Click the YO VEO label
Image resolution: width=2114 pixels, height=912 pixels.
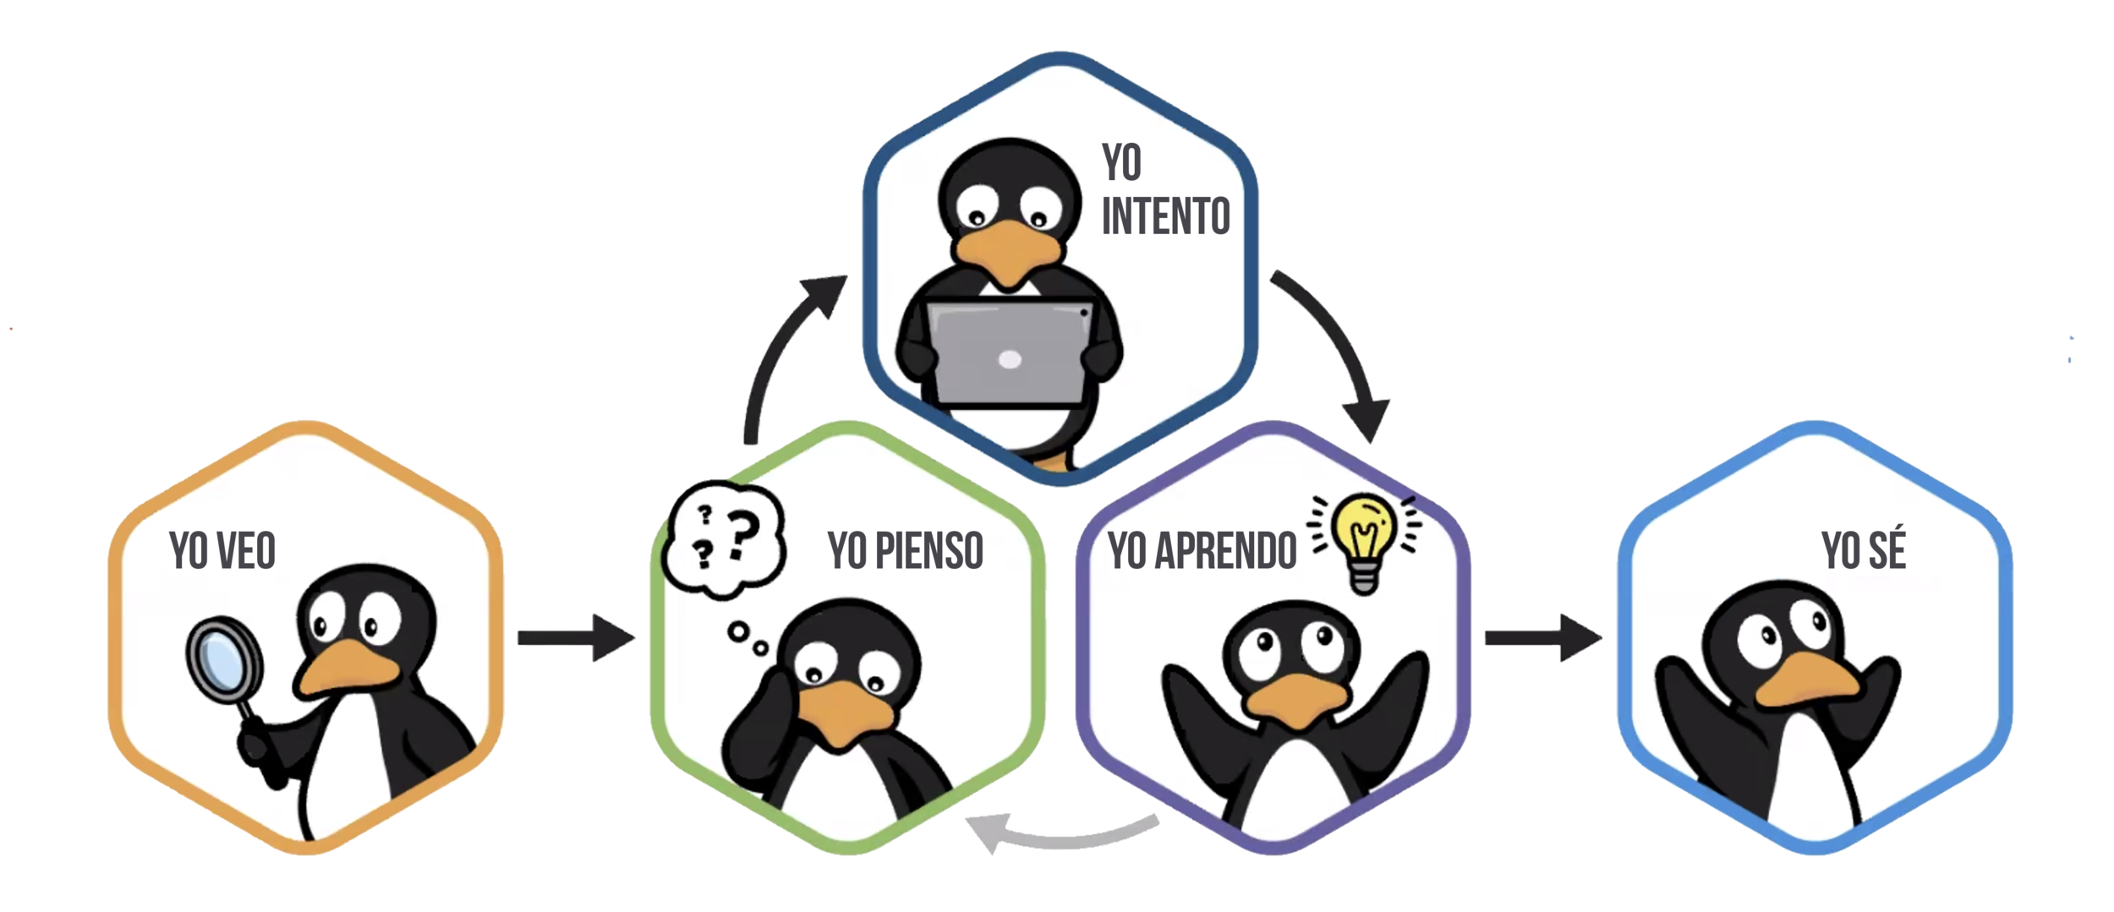pyautogui.click(x=223, y=552)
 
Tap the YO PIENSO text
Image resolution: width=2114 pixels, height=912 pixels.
pyautogui.click(x=905, y=552)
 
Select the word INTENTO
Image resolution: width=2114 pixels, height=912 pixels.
pyautogui.click(x=1165, y=216)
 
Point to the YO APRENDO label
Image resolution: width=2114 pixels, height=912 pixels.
pyautogui.click(x=1202, y=552)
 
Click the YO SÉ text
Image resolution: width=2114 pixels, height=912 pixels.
pyautogui.click(x=1864, y=552)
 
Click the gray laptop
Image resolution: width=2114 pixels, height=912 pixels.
pyautogui.click(x=1008, y=351)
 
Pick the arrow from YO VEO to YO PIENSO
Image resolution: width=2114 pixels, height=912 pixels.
pyautogui.click(x=575, y=638)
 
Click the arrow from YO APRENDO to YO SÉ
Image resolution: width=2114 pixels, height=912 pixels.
pyautogui.click(x=1542, y=638)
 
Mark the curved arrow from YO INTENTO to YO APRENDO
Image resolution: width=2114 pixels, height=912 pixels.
pyautogui.click(x=1340, y=347)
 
